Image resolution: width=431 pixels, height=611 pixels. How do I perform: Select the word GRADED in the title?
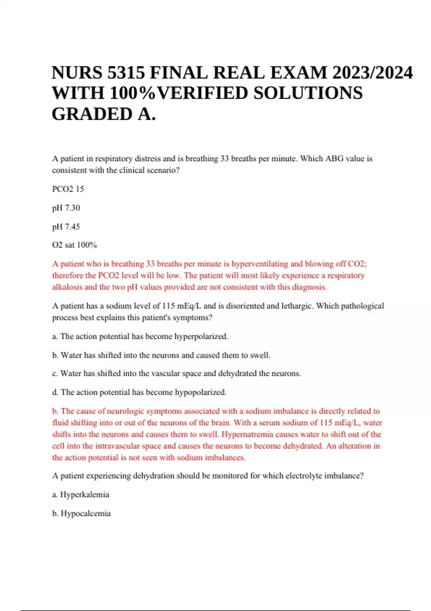pos(92,114)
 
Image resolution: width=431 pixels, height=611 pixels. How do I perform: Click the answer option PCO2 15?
pos(68,189)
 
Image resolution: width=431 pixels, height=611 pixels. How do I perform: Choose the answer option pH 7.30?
pos(66,208)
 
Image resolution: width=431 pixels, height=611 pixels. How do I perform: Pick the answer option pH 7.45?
pos(66,227)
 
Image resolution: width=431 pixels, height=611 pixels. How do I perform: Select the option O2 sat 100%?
pos(74,245)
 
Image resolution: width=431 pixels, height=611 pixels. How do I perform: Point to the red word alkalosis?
pos(67,287)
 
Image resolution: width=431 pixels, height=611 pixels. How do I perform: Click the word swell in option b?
pos(260,355)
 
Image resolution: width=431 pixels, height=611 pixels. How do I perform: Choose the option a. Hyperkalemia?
pos(80,495)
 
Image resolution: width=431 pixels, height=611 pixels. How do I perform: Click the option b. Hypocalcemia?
pos(81,513)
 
